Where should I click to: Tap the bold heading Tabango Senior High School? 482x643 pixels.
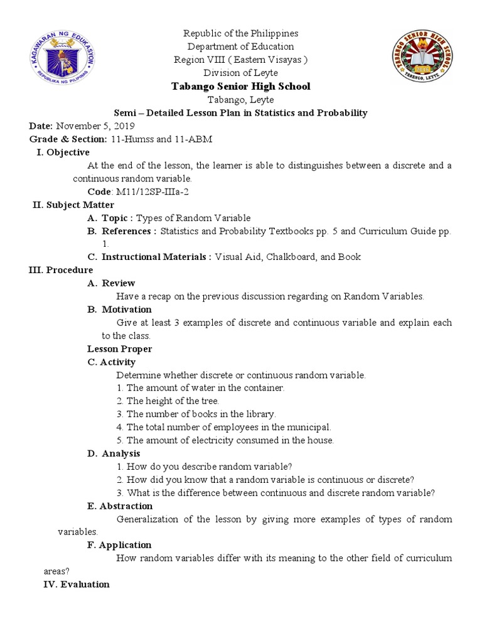[x=241, y=86]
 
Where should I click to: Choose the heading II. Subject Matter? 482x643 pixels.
[x=73, y=205]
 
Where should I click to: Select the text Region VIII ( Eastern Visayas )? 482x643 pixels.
[x=241, y=60]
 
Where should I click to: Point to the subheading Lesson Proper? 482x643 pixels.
[x=120, y=349]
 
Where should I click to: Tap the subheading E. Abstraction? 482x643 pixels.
[x=120, y=506]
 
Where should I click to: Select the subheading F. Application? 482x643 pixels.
[x=119, y=544]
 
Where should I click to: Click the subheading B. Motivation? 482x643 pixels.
[x=119, y=309]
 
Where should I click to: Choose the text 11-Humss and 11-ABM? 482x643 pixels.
[x=162, y=139]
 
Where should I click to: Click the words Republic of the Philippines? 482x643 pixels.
[x=241, y=33]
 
